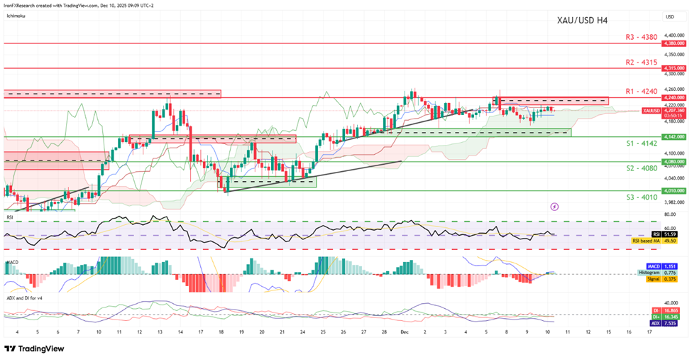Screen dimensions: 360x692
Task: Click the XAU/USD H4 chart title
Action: coord(582,20)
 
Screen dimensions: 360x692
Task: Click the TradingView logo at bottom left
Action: coord(34,349)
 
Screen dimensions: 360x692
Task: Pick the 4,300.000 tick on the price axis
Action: coord(674,73)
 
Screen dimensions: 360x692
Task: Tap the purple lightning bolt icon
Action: coord(554,207)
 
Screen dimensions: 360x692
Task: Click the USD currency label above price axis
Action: coord(669,16)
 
